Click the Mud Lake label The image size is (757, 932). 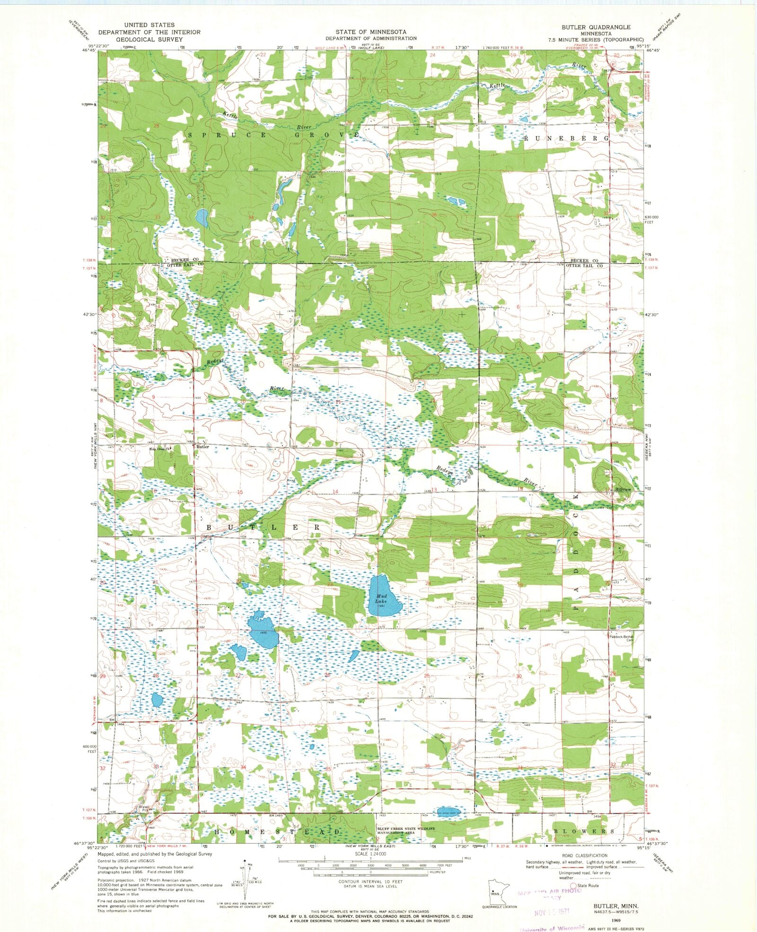(381, 599)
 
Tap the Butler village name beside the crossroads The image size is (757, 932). (202, 447)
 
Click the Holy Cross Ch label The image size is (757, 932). (159, 450)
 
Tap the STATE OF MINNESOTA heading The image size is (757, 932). (371, 32)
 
